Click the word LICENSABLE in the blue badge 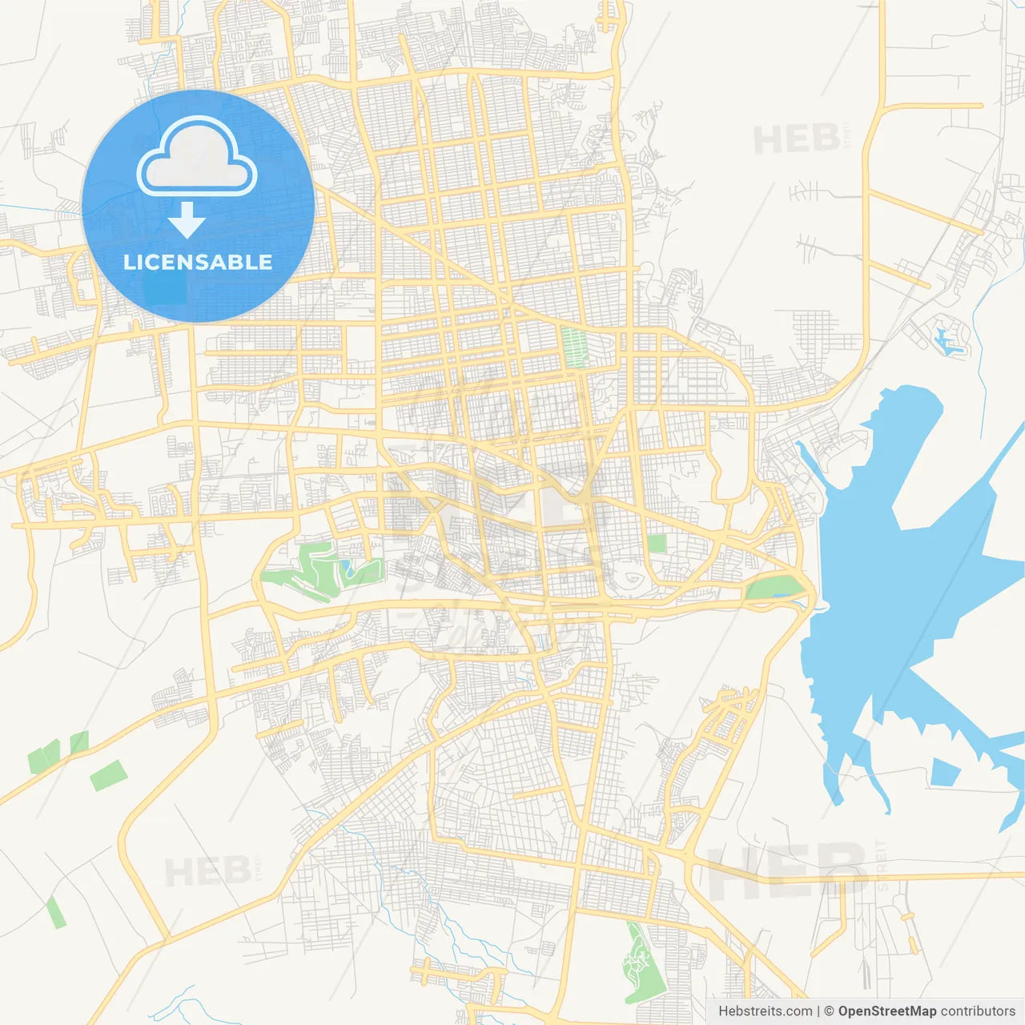pyautogui.click(x=198, y=262)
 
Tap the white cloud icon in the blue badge pyautogui.click(x=197, y=158)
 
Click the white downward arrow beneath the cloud pyautogui.click(x=187, y=220)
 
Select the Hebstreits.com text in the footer pyautogui.click(x=765, y=1011)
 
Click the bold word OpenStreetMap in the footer pyautogui.click(x=886, y=1011)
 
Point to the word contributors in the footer pyautogui.click(x=978, y=1011)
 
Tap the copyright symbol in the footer pyautogui.click(x=830, y=1011)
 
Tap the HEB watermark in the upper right pyautogui.click(x=797, y=139)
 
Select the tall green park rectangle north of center pyautogui.click(x=573, y=348)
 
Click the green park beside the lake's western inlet pyautogui.click(x=773, y=589)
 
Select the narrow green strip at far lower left pyautogui.click(x=55, y=913)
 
